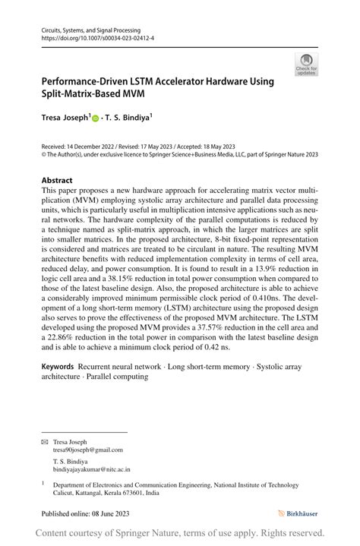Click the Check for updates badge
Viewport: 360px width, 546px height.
[306, 64]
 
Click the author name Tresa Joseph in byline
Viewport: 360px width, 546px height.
[65, 118]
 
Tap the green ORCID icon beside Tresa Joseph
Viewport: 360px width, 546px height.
[96, 118]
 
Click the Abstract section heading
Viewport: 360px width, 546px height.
[58, 181]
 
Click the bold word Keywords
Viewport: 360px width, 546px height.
[58, 366]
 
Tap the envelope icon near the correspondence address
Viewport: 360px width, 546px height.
[44, 441]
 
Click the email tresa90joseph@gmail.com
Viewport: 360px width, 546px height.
[87, 450]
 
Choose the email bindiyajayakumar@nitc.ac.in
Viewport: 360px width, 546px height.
[91, 469]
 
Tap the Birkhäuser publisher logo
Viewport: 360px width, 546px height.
[298, 514]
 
